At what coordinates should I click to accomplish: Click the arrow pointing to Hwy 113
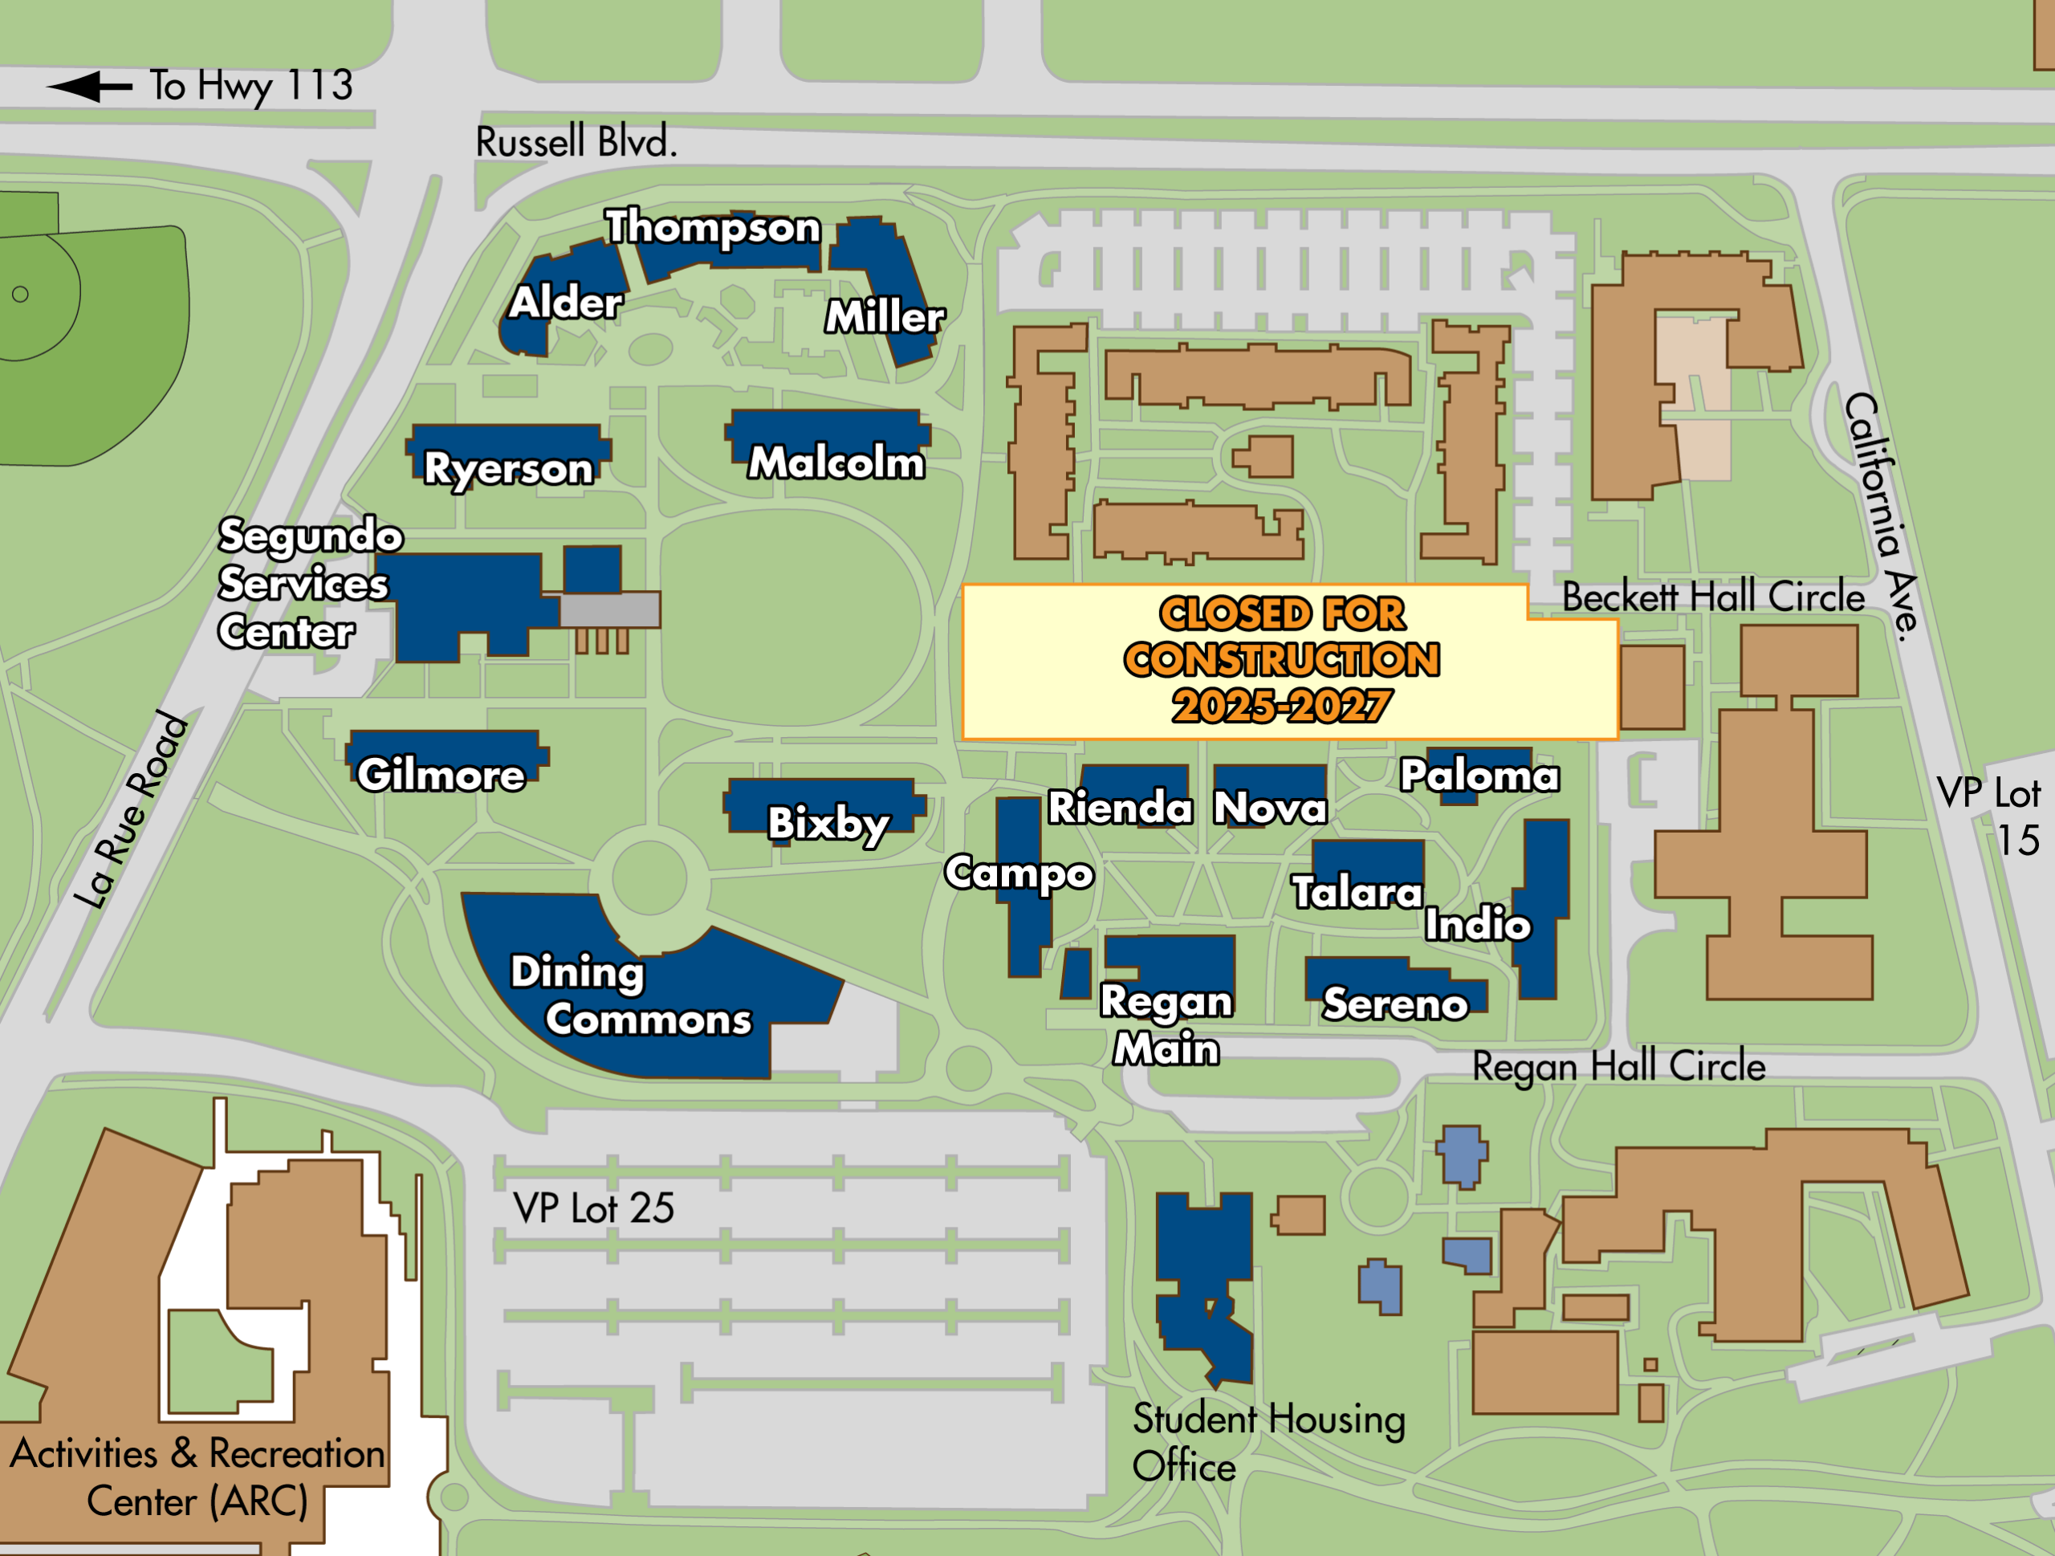pos(89,88)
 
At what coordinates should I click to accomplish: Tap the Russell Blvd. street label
pos(576,142)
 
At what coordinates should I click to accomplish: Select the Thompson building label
pos(713,227)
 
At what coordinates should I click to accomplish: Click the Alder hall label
pos(566,302)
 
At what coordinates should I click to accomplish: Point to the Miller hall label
pos(885,317)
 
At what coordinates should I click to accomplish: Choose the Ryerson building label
pos(508,468)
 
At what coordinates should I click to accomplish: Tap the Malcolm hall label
pos(836,462)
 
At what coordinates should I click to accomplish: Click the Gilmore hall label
pos(442,775)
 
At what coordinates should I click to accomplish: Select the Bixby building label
pos(828,823)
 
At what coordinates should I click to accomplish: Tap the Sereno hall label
pos(1394,1004)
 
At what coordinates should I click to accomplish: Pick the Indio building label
pos(1477,924)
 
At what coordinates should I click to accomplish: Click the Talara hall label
pos(1357,893)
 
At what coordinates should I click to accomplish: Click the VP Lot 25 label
pos(594,1208)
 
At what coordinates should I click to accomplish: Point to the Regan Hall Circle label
pos(1618,1066)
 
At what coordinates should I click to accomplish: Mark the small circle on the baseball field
pos(20,295)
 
